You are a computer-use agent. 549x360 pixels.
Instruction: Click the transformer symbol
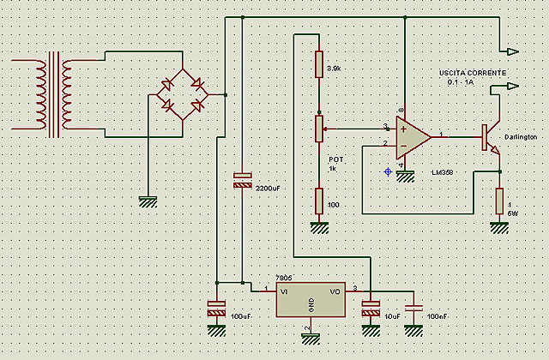(x=53, y=94)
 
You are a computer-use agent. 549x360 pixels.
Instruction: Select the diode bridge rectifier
(x=184, y=94)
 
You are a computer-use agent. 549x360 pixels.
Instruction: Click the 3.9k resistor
(x=319, y=64)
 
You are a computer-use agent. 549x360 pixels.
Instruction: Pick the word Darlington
(x=521, y=137)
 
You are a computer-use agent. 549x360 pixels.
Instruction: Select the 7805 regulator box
(x=311, y=301)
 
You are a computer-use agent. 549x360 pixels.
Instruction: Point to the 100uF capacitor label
(x=241, y=318)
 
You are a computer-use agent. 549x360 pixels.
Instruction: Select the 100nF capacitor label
(x=438, y=317)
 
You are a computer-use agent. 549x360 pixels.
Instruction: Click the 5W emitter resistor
(x=499, y=201)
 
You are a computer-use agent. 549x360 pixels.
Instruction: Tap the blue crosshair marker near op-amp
(x=388, y=172)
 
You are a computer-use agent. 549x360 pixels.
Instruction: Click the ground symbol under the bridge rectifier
(x=148, y=202)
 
